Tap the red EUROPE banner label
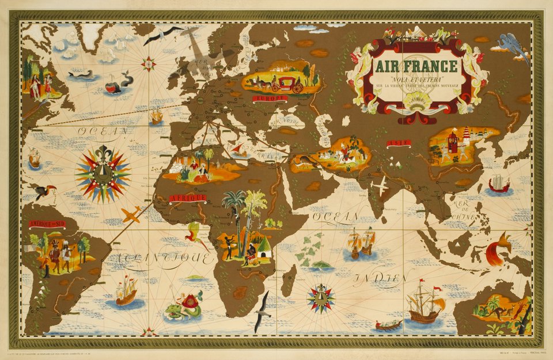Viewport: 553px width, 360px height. (x=270, y=98)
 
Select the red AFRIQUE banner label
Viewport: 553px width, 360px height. (x=187, y=198)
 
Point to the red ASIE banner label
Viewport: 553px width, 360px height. (x=398, y=142)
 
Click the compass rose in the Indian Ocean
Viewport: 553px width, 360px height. (x=321, y=298)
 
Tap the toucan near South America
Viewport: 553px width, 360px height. (x=44, y=192)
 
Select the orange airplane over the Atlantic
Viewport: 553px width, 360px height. (x=131, y=215)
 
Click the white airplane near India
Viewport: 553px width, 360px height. (x=380, y=186)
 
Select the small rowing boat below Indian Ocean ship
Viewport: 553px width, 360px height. (x=389, y=325)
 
